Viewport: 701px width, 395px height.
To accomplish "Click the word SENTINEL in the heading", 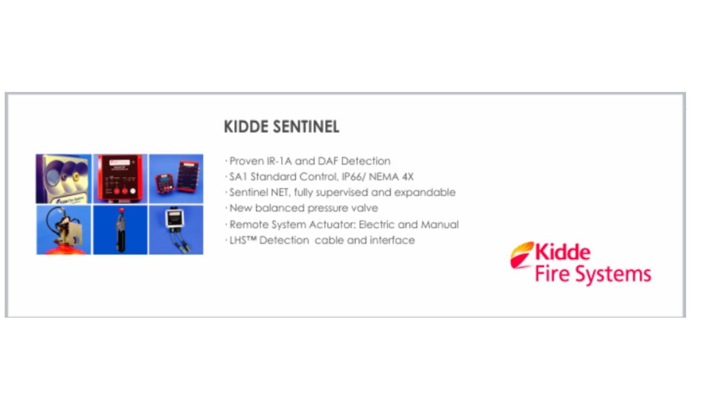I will (306, 127).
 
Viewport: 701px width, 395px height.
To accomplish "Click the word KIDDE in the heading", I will (246, 127).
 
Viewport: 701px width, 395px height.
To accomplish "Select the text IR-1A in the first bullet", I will (279, 161).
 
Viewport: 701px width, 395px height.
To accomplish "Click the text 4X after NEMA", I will (407, 177).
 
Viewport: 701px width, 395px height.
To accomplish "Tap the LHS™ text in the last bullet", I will (242, 240).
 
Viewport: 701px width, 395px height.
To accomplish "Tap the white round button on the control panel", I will (133, 191).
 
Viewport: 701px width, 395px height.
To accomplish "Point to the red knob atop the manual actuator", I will (121, 211).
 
